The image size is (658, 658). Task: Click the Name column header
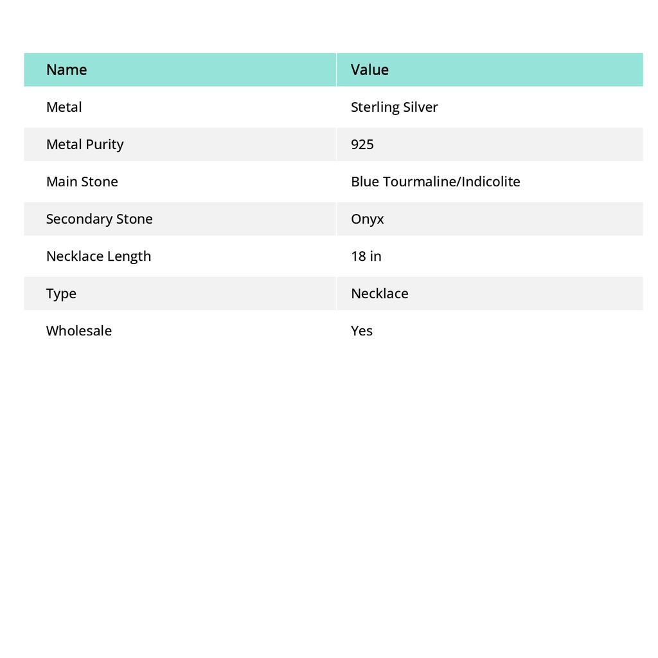[x=66, y=69]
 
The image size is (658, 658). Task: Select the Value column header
[x=369, y=69]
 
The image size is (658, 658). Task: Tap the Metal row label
[x=64, y=107]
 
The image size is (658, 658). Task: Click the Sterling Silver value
[x=394, y=107]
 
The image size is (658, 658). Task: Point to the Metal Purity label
[x=84, y=145]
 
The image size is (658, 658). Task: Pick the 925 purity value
[x=362, y=145]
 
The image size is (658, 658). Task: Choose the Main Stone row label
[x=82, y=182]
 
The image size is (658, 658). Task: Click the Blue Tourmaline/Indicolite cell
[x=435, y=182]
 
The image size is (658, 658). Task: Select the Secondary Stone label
[x=99, y=219]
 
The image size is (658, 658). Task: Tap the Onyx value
[x=367, y=219]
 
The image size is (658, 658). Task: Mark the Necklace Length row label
[x=98, y=256]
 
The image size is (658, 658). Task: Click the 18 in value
[x=366, y=256]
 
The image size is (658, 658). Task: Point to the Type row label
[x=61, y=294]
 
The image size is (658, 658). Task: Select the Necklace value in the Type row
[x=379, y=294]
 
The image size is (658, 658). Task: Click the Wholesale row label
[x=78, y=331]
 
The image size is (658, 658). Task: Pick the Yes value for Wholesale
[x=361, y=331]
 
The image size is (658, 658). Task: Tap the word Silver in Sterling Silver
[x=420, y=107]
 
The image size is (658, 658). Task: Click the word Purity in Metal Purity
[x=104, y=145]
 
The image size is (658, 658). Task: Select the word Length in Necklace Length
[x=129, y=256]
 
